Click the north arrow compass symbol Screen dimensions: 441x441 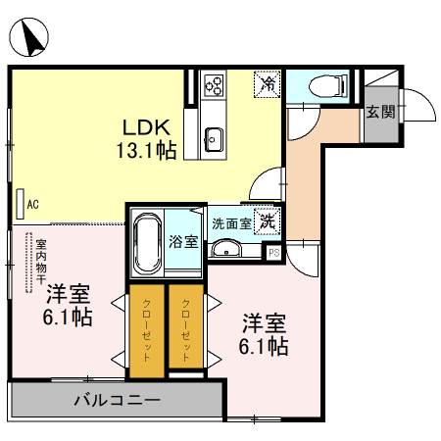[32, 38]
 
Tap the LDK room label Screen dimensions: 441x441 [146, 126]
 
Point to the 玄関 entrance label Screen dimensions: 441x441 [381, 112]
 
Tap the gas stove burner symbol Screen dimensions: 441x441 [215, 86]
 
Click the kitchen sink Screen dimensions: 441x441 [215, 135]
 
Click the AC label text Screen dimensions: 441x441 [32, 205]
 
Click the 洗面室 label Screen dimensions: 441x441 [231, 222]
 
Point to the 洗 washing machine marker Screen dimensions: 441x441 [268, 221]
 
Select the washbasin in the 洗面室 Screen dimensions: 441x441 [228, 250]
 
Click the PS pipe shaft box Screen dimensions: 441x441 [273, 252]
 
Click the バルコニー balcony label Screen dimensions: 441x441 [117, 400]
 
